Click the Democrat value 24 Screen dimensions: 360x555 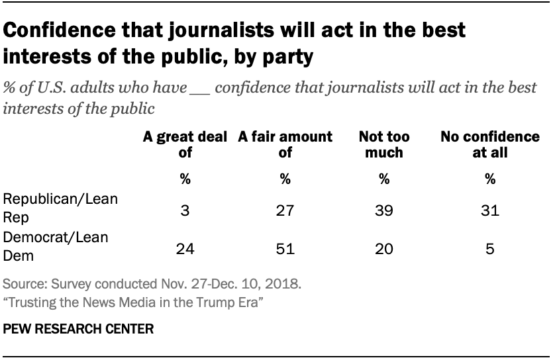coord(185,250)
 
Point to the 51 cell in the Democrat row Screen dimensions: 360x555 coord(285,250)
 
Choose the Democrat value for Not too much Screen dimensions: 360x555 coord(383,250)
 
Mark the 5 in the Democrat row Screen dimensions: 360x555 coord(490,250)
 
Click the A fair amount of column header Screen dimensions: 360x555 coord(285,145)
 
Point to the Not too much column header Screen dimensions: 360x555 coord(383,145)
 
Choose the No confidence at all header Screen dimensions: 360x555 coord(490,145)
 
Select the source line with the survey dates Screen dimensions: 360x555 coord(152,286)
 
